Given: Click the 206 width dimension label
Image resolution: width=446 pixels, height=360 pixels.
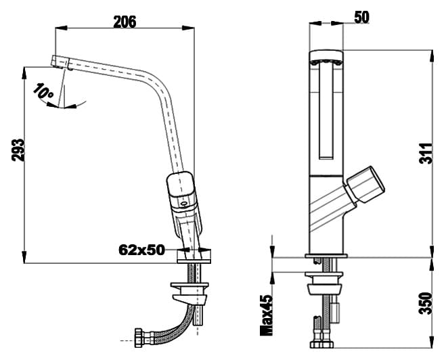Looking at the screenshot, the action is [125, 22].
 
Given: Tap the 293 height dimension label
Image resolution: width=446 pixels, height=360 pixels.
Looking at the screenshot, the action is [18, 150].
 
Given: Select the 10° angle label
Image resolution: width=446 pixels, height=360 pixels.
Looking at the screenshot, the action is [43, 91].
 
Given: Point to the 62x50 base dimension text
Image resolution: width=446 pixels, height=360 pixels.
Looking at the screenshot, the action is [141, 250].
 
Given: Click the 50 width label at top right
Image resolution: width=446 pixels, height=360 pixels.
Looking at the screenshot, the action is [362, 17].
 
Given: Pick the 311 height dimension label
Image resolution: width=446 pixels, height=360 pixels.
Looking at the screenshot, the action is [426, 154].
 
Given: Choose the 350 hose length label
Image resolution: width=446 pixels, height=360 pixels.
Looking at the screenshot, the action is [426, 303].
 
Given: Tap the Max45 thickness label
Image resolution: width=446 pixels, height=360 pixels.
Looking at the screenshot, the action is [267, 315].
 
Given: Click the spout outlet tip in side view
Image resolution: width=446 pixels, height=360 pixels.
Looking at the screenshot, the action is [61, 62].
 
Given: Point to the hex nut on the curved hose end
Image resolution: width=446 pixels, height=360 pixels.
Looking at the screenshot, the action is [138, 338].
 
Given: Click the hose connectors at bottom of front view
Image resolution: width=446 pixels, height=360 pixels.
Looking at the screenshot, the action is [321, 344].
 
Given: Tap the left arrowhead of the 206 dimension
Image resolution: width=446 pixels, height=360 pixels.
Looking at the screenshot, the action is [61, 28].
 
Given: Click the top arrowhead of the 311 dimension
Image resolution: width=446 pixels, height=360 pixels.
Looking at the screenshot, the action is [432, 56].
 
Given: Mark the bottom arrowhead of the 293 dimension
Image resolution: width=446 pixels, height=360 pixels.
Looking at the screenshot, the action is [24, 257].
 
